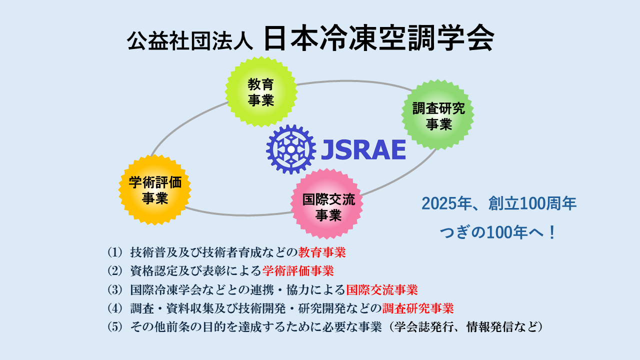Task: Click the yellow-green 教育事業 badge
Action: pos(261,92)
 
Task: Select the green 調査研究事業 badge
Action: pos(438,115)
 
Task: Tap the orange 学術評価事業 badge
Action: pos(154,190)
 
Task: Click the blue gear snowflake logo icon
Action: pos(291,149)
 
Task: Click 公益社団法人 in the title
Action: pos(190,40)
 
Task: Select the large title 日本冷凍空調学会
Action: pos(378,38)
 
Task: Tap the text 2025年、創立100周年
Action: pos(499,204)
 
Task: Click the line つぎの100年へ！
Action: pos(499,233)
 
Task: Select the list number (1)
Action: pos(114,251)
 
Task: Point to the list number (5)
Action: pos(114,327)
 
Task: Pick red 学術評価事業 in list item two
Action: pos(298,270)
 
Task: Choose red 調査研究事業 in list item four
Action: pos(418,308)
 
